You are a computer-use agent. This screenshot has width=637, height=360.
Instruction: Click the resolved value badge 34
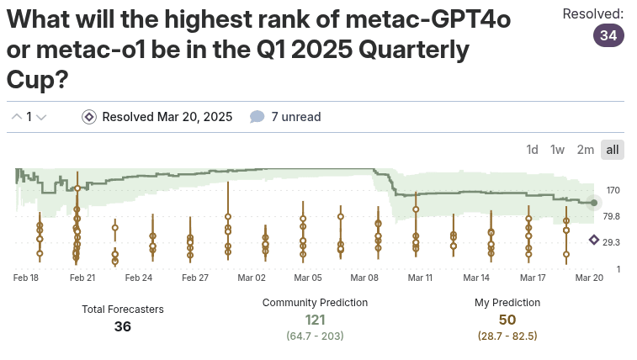(608, 36)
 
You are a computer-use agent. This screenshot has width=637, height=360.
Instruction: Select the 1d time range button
(532, 150)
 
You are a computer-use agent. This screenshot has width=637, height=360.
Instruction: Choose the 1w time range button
(557, 150)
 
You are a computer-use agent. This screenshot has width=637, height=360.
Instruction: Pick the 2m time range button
(585, 150)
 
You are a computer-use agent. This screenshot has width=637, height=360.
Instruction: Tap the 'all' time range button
(613, 150)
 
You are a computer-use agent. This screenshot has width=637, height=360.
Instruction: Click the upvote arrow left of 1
(16, 117)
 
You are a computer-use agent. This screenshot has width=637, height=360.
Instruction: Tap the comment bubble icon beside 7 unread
(257, 117)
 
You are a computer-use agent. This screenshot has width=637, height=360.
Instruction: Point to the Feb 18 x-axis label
(27, 278)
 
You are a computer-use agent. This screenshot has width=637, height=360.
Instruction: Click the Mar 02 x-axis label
(252, 278)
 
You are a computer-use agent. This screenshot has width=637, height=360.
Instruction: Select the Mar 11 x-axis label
(420, 278)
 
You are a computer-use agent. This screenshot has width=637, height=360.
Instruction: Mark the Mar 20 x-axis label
(588, 278)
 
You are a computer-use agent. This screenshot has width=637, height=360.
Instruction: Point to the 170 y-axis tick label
(613, 191)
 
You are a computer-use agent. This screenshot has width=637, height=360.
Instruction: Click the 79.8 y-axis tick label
(613, 216)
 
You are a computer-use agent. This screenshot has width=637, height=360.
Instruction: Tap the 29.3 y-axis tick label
(613, 242)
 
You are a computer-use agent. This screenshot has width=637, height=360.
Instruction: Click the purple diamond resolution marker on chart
(594, 240)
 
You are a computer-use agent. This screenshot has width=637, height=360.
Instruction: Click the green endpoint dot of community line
(594, 203)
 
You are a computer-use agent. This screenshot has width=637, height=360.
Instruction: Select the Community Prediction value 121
(315, 320)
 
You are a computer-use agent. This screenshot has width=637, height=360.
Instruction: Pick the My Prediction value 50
(507, 320)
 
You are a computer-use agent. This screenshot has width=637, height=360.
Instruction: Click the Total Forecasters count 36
(123, 326)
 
